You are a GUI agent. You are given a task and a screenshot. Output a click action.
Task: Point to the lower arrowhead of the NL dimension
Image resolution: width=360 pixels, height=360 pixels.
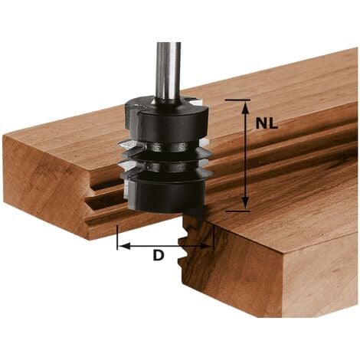[x=245, y=203]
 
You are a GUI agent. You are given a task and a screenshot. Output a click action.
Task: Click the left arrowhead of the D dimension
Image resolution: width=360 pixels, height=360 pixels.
[x=123, y=246]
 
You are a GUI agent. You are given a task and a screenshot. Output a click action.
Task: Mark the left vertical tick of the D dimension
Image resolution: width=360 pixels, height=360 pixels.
[x=117, y=238]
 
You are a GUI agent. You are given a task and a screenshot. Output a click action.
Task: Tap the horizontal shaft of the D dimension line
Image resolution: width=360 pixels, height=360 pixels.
[x=165, y=246]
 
